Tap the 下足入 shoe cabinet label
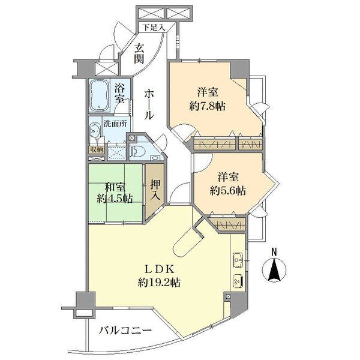tap(154, 28)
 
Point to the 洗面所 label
tap(115, 124)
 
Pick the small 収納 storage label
tap(97, 150)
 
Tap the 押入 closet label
tap(155, 190)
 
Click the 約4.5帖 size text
tap(115, 199)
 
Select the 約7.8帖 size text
tap(207, 106)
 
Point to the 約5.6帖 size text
tap(227, 190)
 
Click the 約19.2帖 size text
tap(159, 283)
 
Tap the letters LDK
tap(160, 269)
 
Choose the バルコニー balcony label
tap(125, 331)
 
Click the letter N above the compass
tap(274, 252)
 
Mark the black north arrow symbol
tap(274, 269)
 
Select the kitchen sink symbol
tap(238, 260)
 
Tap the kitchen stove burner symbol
tap(238, 281)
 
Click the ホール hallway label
tap(149, 104)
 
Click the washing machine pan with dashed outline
tap(116, 152)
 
